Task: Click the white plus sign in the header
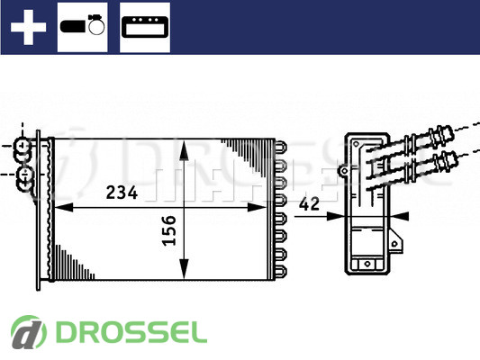click(x=28, y=27)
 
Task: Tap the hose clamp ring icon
click(x=96, y=25)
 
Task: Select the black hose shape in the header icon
click(x=73, y=26)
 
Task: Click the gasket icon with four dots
click(x=145, y=27)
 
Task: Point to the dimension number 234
click(x=122, y=193)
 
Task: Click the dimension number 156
click(x=169, y=230)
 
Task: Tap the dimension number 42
click(x=309, y=204)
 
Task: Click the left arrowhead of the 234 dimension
click(x=64, y=207)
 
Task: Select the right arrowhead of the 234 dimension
click(x=257, y=207)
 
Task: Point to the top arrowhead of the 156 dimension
click(x=184, y=150)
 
